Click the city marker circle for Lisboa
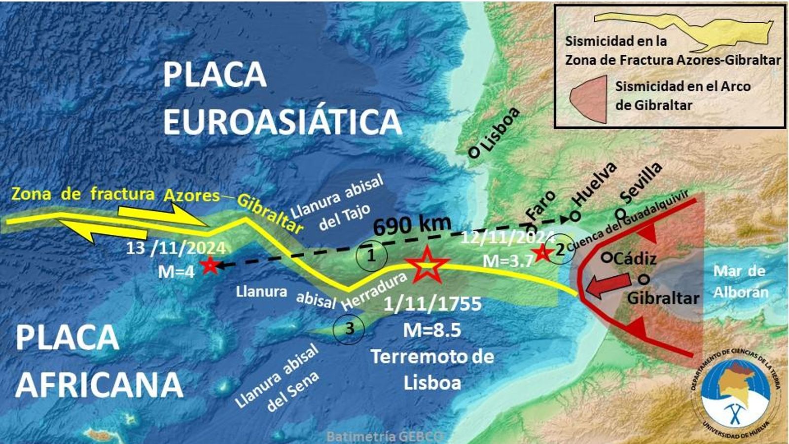(x=473, y=152)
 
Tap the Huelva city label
(x=596, y=190)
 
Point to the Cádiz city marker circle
(x=607, y=257)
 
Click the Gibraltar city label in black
(x=663, y=297)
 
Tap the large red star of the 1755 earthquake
(x=427, y=265)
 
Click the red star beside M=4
(x=209, y=265)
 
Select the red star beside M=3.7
(x=542, y=253)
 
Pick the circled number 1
(x=371, y=256)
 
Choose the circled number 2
(x=560, y=250)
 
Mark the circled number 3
(x=349, y=328)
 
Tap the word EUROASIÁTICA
(x=283, y=121)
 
